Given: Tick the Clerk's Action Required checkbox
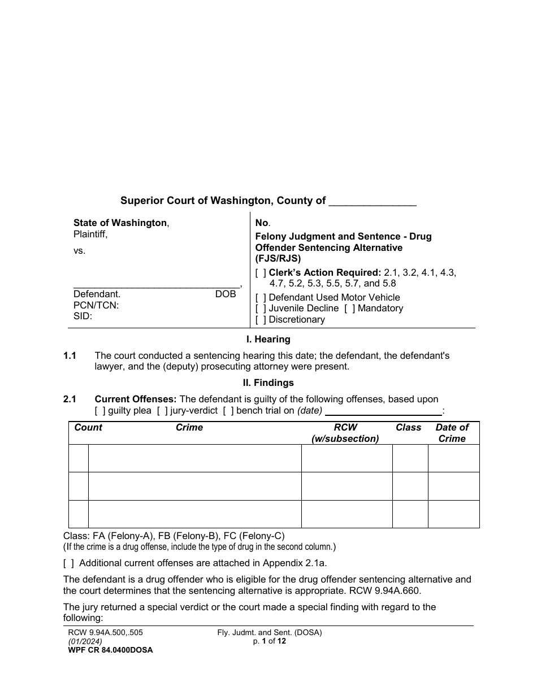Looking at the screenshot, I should [261, 272].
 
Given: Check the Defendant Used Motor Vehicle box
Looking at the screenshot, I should [261, 297].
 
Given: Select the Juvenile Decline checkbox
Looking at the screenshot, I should [261, 309].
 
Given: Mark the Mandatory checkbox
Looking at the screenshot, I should [349, 309].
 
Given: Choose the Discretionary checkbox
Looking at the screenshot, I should [261, 320].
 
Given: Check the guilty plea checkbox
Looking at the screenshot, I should [100, 411].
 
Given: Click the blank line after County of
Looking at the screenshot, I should [373, 201].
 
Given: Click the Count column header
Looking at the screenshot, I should [88, 428].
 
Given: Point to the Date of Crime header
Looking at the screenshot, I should [452, 433].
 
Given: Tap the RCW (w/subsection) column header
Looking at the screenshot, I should [345, 433].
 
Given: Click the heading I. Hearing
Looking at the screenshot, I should [268, 340].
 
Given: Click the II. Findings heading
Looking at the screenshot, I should [268, 383].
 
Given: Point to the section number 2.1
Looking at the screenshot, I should [70, 399].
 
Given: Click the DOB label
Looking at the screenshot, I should [226, 294].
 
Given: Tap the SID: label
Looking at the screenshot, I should [83, 316].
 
